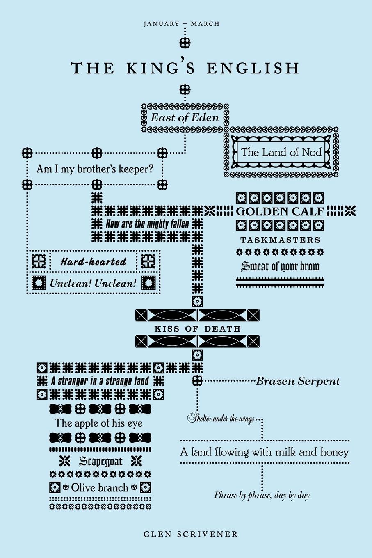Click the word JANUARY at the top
pos(161,24)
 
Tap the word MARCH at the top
pos(205,24)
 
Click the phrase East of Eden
pos(185,118)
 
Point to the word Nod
pos(311,152)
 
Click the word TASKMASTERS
pos(280,240)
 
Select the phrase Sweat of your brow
pos(280,266)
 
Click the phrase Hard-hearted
pos(94,261)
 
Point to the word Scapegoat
pos(100,462)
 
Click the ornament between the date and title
pos(185,43)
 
